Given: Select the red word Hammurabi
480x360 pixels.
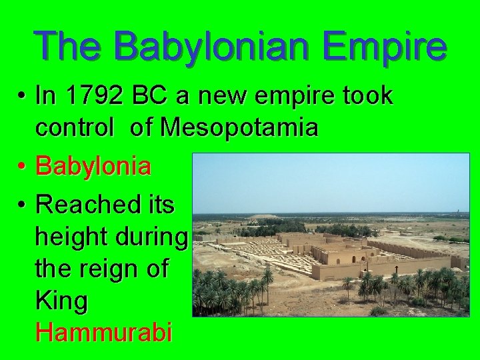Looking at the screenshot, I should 104,331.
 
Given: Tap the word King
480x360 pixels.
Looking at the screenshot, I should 62,301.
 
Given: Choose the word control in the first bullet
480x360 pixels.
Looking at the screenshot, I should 76,127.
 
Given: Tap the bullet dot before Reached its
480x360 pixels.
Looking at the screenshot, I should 23,205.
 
